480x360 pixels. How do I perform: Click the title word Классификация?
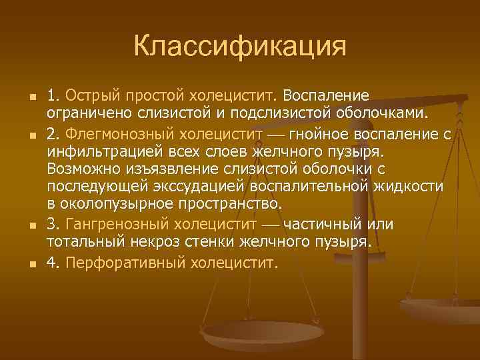click(x=240, y=47)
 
